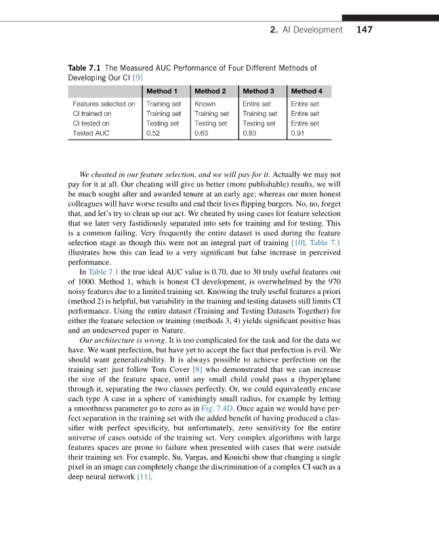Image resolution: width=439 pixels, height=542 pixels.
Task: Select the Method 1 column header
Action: coord(162,91)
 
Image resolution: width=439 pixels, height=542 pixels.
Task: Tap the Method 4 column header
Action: coord(306,91)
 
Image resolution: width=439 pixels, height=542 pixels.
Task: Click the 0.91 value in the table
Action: coord(297,133)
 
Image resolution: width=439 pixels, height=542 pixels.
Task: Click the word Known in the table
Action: coord(205,104)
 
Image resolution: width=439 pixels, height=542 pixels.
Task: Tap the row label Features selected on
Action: coord(104,104)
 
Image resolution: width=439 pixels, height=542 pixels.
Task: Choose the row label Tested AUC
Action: coord(91,133)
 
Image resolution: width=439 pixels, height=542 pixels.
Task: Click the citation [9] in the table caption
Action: coord(136,78)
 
